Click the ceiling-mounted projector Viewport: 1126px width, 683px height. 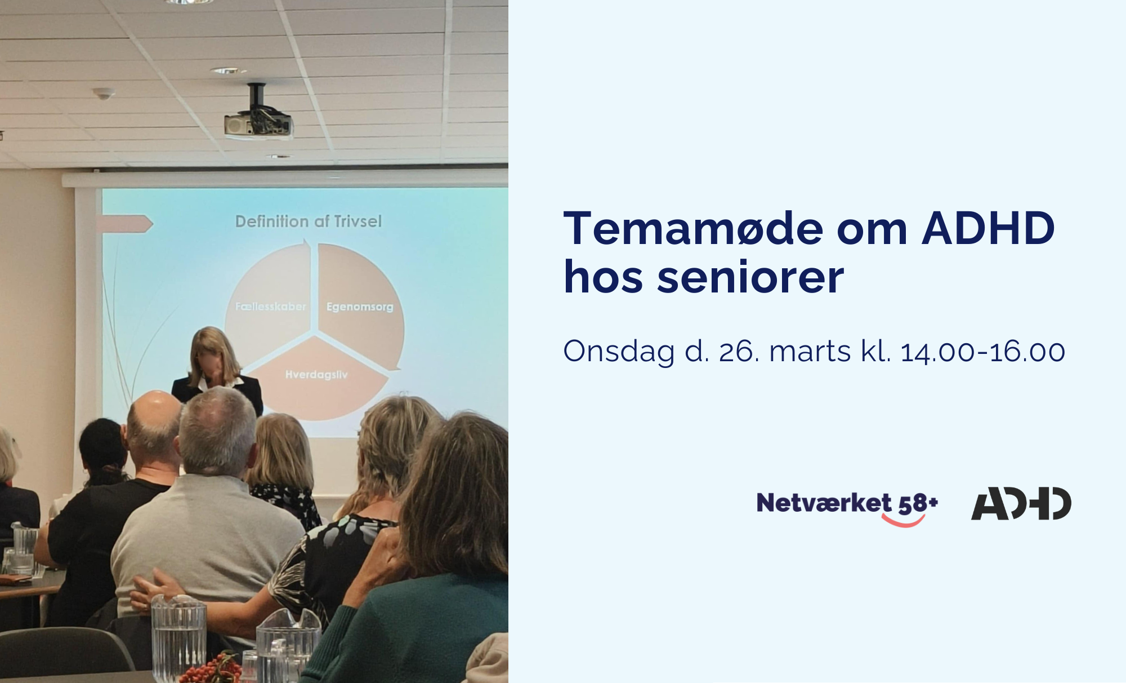(x=258, y=115)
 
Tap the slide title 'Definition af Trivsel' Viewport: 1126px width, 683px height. (x=309, y=221)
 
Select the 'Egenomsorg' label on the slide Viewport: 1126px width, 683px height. (x=360, y=307)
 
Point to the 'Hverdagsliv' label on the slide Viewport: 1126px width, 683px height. (x=316, y=375)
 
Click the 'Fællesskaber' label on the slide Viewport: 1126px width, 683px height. (x=271, y=307)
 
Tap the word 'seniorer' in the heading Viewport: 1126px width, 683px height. (x=750, y=277)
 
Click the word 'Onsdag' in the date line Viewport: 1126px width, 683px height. (x=619, y=352)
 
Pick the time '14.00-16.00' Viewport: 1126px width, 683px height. (x=983, y=352)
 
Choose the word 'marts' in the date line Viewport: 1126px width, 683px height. (x=810, y=352)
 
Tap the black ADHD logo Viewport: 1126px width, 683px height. (x=1021, y=503)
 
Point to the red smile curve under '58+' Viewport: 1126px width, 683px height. (x=903, y=521)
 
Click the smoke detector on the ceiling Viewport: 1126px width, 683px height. (x=104, y=94)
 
